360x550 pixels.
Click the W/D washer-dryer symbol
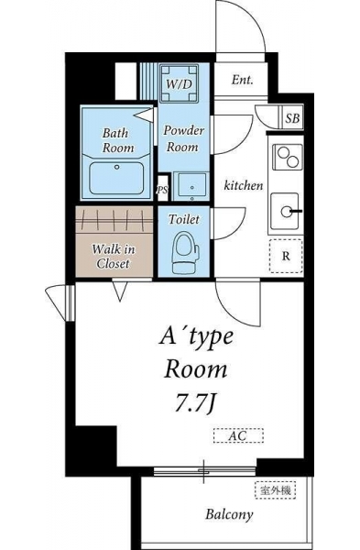coord(179,83)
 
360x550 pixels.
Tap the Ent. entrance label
coord(242,80)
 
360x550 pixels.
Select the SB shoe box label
coord(292,118)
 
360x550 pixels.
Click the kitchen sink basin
coord(285,211)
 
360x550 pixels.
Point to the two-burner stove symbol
coord(287,157)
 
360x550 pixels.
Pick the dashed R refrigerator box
coord(286,256)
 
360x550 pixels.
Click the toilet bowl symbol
coord(185,252)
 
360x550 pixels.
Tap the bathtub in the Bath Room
coord(116,178)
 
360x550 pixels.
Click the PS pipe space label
coord(162,190)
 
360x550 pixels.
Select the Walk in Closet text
coord(114,257)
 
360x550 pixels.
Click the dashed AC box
coord(238,435)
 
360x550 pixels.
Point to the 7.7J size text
coord(194,403)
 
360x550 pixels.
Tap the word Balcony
coord(229,514)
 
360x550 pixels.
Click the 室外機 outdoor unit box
coord(275,489)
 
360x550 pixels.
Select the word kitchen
coord(244,185)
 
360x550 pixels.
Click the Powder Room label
coord(183,138)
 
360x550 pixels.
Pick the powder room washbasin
coord(191,186)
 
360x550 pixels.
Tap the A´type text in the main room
coord(196,338)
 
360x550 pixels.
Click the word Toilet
coord(184,219)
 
